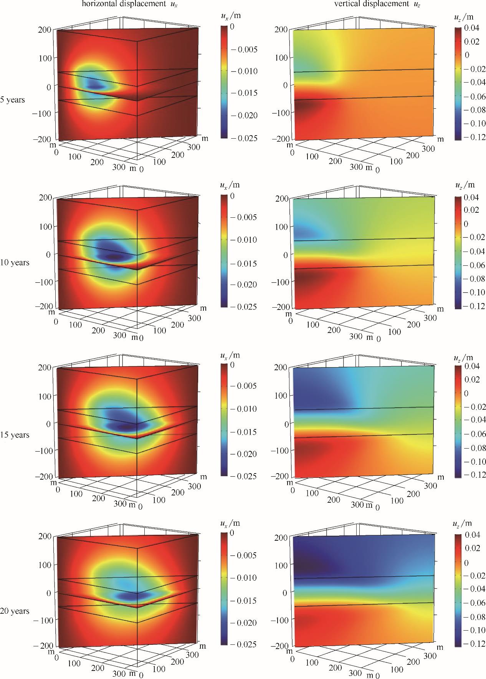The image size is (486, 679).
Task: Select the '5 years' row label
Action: pyautogui.click(x=13, y=100)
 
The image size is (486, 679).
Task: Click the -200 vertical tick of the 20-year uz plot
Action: pyautogui.click(x=279, y=647)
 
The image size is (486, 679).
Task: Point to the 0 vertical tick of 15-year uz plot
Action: pyautogui.click(x=286, y=424)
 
